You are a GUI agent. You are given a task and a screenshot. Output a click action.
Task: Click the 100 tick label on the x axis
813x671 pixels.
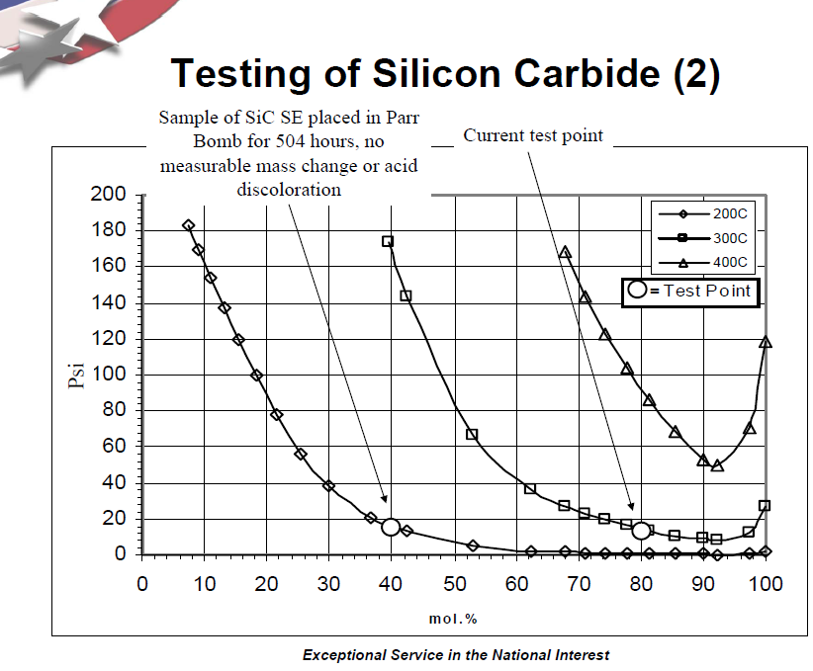[x=766, y=583]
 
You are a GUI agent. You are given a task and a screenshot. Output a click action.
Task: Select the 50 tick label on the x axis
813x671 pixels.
[x=454, y=583]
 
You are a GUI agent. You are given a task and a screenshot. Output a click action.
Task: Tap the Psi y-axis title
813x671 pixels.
[x=77, y=375]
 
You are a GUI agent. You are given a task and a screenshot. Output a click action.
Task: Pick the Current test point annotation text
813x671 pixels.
[x=533, y=135]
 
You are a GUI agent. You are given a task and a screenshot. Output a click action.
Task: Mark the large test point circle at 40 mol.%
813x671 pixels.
[x=391, y=527]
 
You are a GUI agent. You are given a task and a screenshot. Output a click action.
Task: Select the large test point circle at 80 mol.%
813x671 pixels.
[x=641, y=531]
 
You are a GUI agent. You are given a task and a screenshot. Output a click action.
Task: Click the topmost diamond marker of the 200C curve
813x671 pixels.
[x=188, y=225]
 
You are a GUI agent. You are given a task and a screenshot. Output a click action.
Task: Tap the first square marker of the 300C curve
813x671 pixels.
[x=388, y=241]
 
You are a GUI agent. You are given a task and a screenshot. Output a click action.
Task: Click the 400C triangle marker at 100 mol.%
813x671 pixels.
[x=766, y=343]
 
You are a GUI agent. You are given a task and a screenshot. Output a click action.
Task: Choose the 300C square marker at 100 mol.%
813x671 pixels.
[x=765, y=506]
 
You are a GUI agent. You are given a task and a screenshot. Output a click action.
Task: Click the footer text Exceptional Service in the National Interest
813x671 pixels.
[x=456, y=654]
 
